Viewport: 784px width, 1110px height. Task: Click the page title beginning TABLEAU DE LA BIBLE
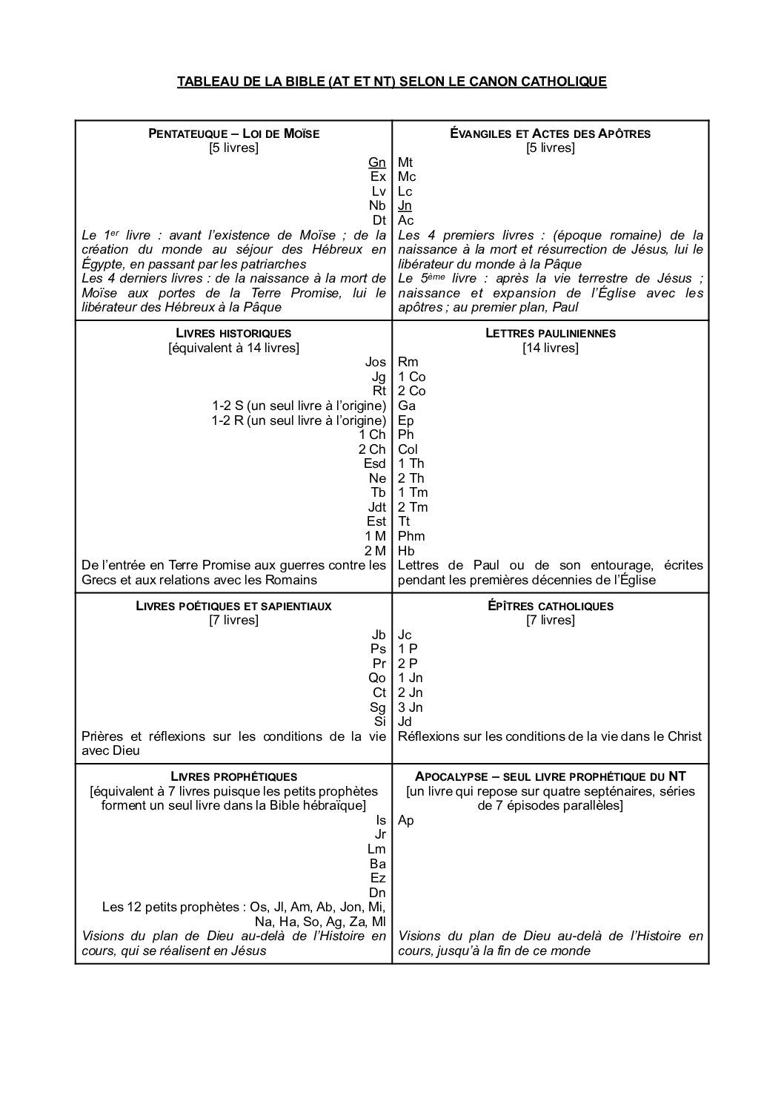(x=391, y=82)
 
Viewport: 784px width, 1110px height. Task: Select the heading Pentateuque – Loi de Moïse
(x=233, y=133)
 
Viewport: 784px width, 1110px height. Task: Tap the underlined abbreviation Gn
(x=377, y=162)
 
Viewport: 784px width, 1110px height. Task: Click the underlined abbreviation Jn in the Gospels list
(x=405, y=205)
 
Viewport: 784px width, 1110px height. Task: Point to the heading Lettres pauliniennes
(x=551, y=333)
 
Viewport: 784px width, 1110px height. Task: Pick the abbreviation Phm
(x=411, y=536)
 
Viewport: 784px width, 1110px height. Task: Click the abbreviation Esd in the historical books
(x=375, y=463)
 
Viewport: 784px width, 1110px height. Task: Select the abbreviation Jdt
(x=376, y=507)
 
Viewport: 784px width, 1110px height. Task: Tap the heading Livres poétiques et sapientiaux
(x=233, y=606)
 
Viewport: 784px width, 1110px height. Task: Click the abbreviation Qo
(x=377, y=678)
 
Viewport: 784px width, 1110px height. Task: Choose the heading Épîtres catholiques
(x=551, y=606)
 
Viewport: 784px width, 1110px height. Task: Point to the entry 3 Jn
(x=411, y=707)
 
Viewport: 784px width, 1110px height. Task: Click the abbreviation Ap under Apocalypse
(x=406, y=820)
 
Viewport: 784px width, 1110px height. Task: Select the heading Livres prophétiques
(x=233, y=776)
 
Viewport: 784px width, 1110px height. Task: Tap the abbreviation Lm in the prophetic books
(x=376, y=849)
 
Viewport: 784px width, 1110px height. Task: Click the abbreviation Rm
(x=408, y=362)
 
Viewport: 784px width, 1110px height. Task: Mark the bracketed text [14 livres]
(x=551, y=347)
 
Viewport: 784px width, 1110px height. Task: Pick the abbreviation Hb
(x=406, y=550)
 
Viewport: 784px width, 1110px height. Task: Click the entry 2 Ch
(x=372, y=449)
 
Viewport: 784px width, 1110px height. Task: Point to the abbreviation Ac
(x=405, y=220)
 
